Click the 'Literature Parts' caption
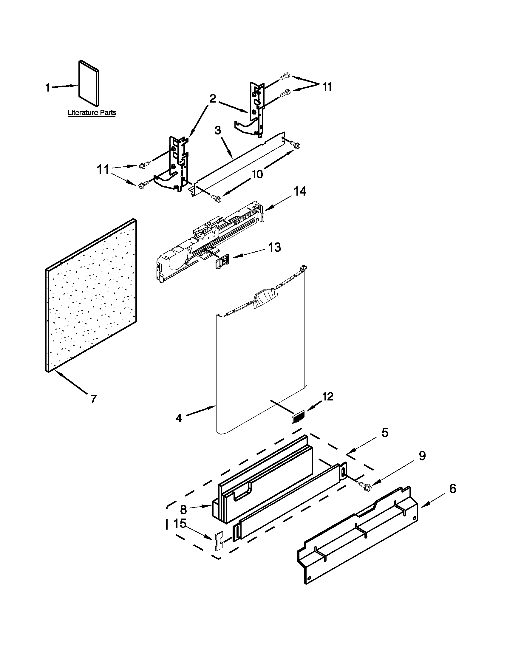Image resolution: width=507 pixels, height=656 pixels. [x=92, y=113]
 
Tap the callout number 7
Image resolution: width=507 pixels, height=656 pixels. [x=93, y=399]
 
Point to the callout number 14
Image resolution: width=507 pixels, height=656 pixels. [x=300, y=191]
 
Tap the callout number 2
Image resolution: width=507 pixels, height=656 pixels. [x=213, y=98]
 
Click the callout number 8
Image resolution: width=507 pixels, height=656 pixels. [x=183, y=510]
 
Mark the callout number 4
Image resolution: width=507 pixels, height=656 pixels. [x=179, y=418]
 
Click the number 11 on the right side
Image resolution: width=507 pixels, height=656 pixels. [x=327, y=87]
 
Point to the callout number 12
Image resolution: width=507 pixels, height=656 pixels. [x=328, y=397]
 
